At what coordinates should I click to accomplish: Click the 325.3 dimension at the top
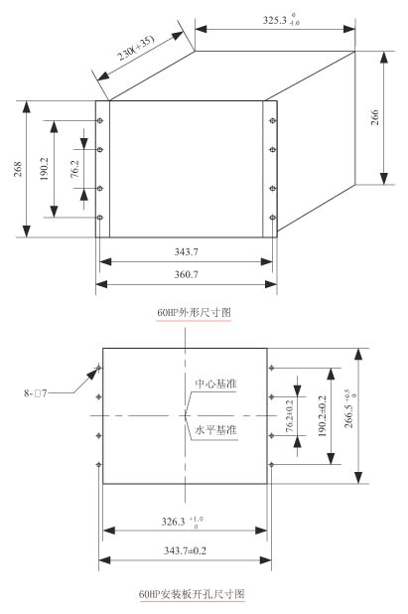[281, 20]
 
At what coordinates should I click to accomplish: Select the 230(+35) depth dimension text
[137, 48]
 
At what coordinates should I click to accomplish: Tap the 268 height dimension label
[18, 169]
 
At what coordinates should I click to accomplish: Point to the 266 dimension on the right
[375, 117]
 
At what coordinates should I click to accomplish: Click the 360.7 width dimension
[187, 274]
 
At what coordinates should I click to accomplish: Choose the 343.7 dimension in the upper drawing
[187, 251]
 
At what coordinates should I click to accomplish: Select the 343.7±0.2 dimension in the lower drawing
[185, 550]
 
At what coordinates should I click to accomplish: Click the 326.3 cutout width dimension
[183, 522]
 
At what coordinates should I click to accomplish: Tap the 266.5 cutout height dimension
[350, 408]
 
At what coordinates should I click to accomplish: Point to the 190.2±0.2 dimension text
[322, 416]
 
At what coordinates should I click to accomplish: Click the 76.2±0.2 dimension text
[290, 416]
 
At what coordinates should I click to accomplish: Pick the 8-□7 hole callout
[35, 393]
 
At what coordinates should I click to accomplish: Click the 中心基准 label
[216, 384]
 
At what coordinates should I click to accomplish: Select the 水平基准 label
[216, 430]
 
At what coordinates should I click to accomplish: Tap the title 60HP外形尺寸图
[194, 313]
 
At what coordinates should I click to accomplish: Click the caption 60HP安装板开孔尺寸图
[192, 594]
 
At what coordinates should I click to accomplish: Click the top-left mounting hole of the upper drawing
[100, 120]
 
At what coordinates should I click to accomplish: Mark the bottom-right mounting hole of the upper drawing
[273, 218]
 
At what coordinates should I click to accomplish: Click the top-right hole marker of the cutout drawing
[271, 368]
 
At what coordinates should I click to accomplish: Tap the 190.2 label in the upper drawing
[45, 169]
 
